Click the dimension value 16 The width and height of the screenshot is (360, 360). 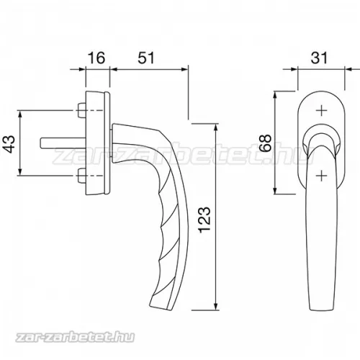click(x=96, y=58)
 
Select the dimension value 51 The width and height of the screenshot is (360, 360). click(x=146, y=58)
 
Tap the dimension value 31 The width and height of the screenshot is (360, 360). click(x=319, y=58)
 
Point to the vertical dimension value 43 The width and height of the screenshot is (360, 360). click(x=10, y=144)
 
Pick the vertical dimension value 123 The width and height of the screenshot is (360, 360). click(x=204, y=219)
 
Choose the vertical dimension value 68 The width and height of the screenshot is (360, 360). click(x=266, y=143)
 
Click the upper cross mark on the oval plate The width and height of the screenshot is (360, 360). click(x=321, y=111)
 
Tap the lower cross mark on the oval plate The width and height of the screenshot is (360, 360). click(x=321, y=176)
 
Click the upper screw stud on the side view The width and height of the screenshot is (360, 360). click(x=81, y=111)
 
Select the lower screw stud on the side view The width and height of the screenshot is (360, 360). click(x=81, y=176)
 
